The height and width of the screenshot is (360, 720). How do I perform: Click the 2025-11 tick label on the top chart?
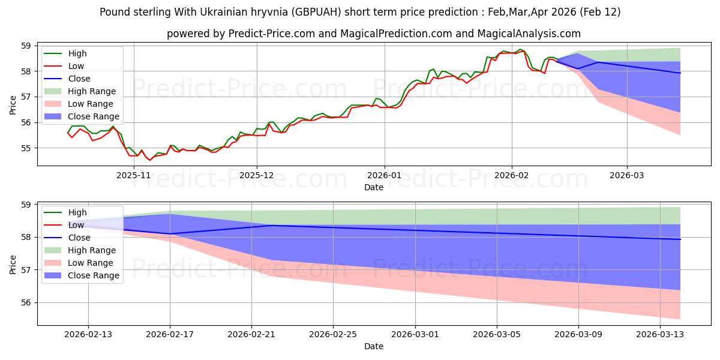point(134,175)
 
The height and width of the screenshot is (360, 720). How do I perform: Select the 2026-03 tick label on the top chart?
point(627,175)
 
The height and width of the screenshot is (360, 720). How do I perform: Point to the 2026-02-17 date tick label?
point(170,335)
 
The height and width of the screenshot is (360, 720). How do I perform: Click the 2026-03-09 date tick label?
point(578,335)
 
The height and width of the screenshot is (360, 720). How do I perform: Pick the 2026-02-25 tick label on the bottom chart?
point(333,335)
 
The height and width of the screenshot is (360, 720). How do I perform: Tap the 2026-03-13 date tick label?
point(660,335)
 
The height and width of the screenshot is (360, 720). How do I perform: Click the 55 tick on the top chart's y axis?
point(26,148)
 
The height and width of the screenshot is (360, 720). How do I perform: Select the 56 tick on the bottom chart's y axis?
point(26,302)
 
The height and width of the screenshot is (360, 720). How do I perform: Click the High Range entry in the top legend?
point(92,91)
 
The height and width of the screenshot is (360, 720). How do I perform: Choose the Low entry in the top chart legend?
point(76,66)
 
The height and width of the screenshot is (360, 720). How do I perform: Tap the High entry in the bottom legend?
point(77,212)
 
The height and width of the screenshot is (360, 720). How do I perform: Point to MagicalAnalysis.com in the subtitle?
point(534,34)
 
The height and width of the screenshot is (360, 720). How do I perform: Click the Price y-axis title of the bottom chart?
point(13,263)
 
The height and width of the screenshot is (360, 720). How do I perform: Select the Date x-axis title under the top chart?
point(374,187)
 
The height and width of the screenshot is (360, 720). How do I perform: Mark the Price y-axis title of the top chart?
point(13,104)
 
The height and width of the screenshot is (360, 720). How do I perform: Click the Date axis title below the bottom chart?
point(374,347)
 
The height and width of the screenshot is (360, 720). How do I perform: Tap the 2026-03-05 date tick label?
point(497,335)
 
